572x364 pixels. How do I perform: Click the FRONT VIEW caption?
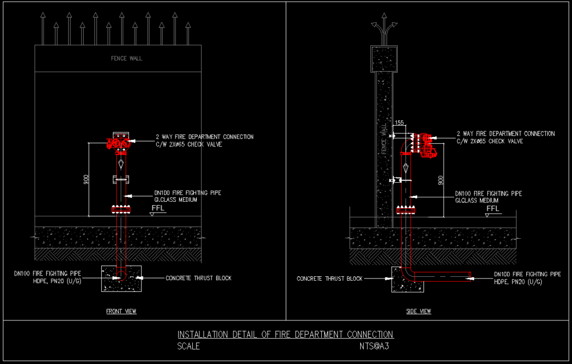pos(121,311)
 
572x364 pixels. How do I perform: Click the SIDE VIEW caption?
pos(418,311)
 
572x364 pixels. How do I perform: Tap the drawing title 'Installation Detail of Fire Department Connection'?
pos(285,334)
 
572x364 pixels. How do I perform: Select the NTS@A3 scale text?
pos(374,346)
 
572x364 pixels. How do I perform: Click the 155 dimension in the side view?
pos(399,122)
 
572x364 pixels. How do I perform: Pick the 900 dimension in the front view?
pos(85,180)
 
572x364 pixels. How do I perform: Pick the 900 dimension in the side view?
pos(441,180)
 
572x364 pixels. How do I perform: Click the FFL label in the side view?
pos(492,209)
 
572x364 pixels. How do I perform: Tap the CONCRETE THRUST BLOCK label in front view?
pos(198,278)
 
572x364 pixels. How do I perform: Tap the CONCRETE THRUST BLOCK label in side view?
pos(330,278)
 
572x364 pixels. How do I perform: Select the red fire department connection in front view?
pos(119,144)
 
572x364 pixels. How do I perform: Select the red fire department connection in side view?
pos(426,144)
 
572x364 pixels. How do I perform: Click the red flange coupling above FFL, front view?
pos(121,210)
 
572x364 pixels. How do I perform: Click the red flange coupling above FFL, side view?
pos(407,210)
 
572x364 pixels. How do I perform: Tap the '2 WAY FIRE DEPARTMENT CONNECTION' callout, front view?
pos(204,136)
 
